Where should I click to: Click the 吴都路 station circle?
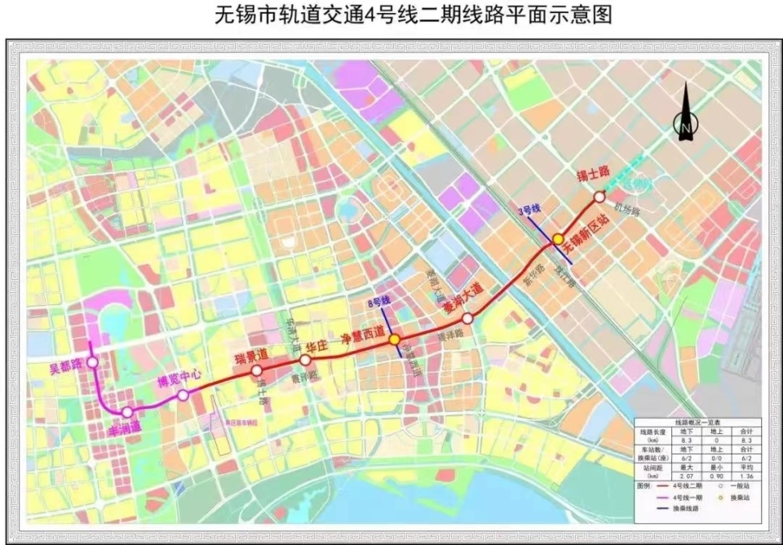[x=92, y=362]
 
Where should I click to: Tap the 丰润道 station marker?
[x=127, y=412]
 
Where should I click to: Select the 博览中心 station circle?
[x=183, y=395]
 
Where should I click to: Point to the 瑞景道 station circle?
[x=256, y=371]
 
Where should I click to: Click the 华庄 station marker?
[x=305, y=360]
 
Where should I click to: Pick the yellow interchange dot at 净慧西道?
[x=394, y=339]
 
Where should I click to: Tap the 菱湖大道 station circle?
[x=468, y=319]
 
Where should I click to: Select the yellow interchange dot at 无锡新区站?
[x=558, y=239]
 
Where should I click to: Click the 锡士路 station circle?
[x=599, y=197]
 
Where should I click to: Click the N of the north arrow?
[x=685, y=126]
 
